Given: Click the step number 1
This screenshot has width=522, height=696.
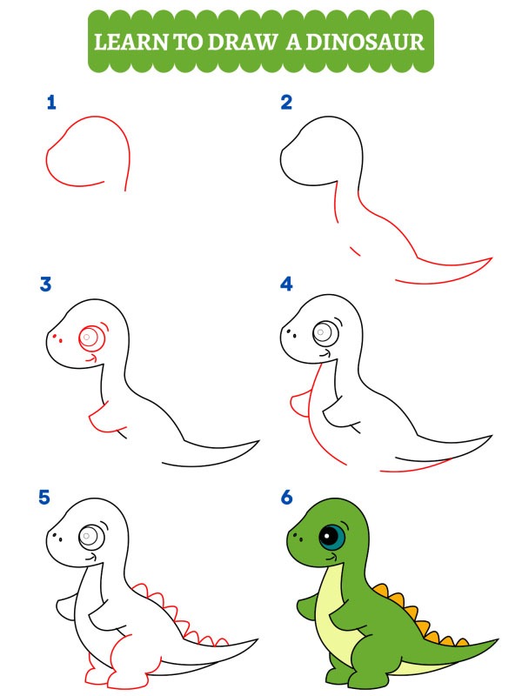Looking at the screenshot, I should click(x=51, y=104).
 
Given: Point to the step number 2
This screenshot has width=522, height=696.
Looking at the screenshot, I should click(x=286, y=104).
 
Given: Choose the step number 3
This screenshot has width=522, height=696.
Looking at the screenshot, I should click(x=46, y=284).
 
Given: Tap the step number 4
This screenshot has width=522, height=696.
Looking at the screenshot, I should click(x=286, y=284).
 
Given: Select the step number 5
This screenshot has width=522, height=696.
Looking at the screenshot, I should click(x=46, y=499).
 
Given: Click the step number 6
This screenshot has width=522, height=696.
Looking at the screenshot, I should click(x=286, y=499).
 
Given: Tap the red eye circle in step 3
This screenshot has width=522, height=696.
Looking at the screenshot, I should click(x=90, y=335).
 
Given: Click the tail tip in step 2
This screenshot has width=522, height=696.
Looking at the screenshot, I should click(x=489, y=259).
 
